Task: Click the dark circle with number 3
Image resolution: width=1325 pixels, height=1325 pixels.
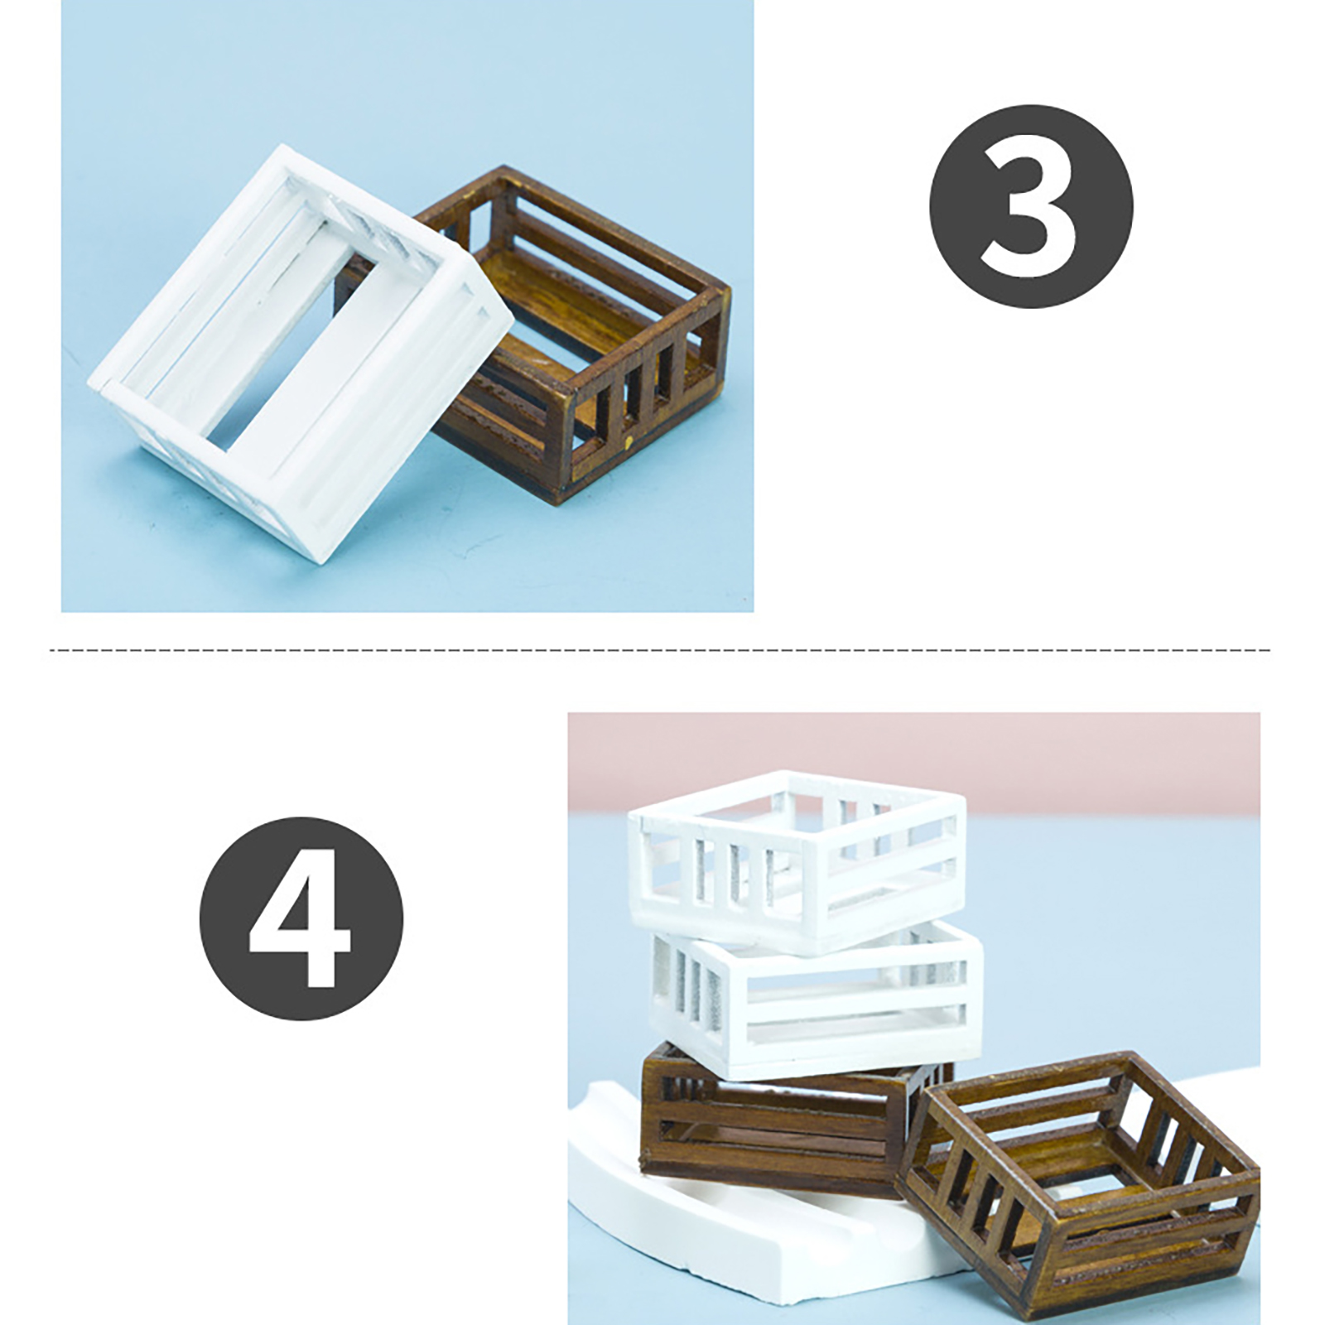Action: pos(1030,206)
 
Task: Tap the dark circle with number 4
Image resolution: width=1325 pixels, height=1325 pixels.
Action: pos(301,919)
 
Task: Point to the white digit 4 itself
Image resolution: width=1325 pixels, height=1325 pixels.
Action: pos(300,919)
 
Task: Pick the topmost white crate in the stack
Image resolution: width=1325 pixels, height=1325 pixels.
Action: pos(797,861)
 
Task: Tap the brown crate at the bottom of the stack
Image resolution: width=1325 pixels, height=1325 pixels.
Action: pos(778,1118)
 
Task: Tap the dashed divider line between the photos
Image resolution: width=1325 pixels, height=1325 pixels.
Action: pos(660,650)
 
